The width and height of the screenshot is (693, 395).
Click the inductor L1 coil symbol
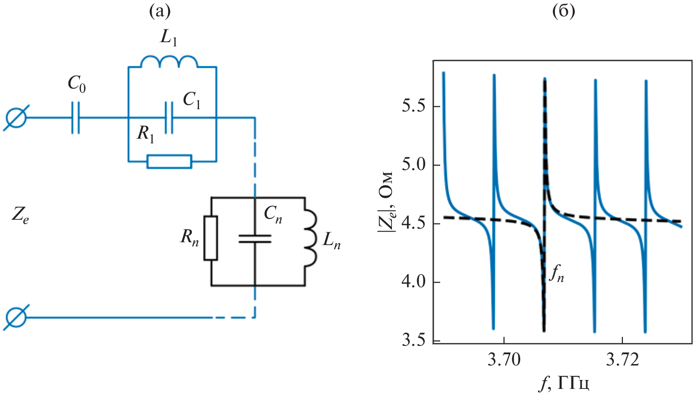tap(169, 62)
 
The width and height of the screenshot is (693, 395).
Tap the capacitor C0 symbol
tap(75, 117)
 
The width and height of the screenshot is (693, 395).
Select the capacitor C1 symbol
tap(169, 117)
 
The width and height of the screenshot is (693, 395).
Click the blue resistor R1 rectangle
tap(169, 161)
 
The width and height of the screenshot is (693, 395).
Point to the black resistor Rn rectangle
tap(211, 238)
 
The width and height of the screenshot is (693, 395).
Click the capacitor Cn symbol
tap(255, 238)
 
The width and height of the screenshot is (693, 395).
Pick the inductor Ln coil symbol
tap(310, 239)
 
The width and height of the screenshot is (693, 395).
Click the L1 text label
tap(169, 37)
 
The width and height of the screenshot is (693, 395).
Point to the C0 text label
tap(77, 84)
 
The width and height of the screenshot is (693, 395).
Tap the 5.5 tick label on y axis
tap(413, 106)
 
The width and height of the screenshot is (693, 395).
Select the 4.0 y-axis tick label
tap(413, 282)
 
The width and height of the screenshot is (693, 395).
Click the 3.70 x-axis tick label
tap(504, 360)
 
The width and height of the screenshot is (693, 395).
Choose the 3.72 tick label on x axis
tap(622, 360)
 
